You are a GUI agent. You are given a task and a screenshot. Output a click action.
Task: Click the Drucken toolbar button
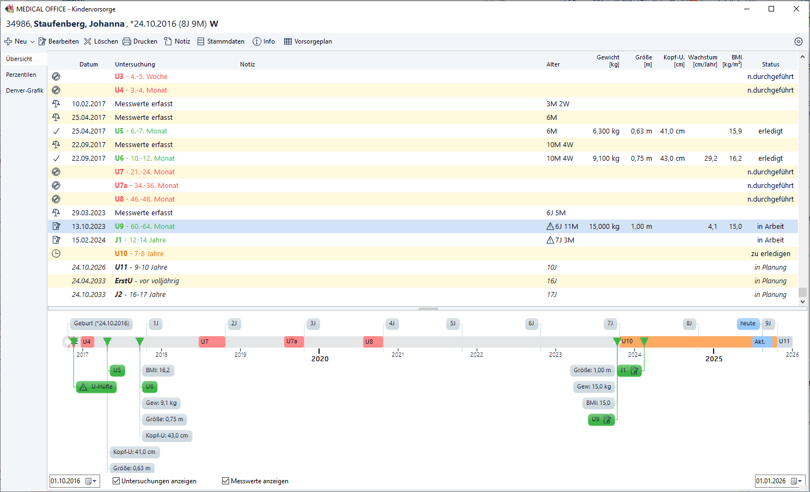coord(140,41)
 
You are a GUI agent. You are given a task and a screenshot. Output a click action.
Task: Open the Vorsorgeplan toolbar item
coord(308,41)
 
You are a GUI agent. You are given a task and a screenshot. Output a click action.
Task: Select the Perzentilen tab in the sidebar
coord(21,75)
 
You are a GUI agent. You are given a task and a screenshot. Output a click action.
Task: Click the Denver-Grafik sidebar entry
coord(24,90)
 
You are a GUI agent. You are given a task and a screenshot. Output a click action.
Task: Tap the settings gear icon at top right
coord(799,41)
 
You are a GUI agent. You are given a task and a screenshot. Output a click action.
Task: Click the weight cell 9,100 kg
coord(606,159)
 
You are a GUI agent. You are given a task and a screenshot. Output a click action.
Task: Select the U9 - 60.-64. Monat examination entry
coord(145,227)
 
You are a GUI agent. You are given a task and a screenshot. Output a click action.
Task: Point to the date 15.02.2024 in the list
coord(89,240)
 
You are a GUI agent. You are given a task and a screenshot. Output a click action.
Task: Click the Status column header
coord(770,64)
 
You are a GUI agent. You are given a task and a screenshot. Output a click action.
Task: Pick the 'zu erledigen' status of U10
coord(770,254)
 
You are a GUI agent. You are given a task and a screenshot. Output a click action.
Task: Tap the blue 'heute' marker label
coord(747,324)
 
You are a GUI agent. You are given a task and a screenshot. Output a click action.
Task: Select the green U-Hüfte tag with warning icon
coord(96,387)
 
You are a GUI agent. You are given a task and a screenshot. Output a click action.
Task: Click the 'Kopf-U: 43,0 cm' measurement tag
coord(167,436)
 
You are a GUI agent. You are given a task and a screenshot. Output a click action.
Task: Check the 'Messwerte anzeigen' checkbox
coord(225,481)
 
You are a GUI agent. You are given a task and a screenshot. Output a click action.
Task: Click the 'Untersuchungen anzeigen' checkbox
coord(116,481)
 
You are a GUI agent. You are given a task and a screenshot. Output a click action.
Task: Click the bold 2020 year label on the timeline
coord(320,359)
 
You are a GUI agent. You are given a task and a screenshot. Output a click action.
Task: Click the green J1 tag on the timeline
coord(629,370)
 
